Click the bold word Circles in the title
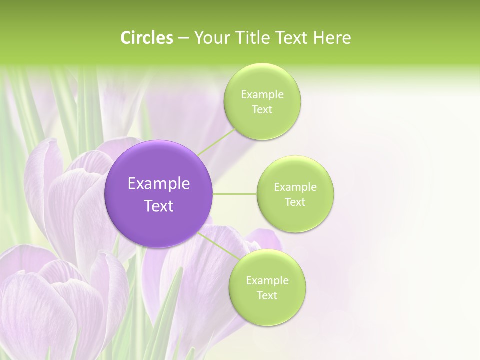146,38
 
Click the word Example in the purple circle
159,184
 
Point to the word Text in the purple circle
159,206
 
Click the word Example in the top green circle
262,95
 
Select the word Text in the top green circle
262,110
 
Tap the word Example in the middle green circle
295,187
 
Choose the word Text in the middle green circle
295,202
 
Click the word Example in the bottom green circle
267,281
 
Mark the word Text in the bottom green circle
267,296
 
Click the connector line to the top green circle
216,142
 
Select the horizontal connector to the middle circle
234,194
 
